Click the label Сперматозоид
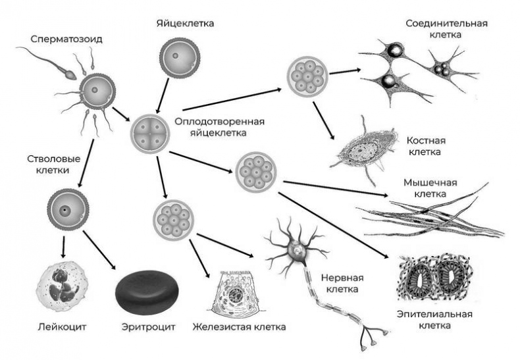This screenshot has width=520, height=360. [x=66, y=39]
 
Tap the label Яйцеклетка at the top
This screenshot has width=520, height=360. [x=185, y=24]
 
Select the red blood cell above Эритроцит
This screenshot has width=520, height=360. [x=147, y=292]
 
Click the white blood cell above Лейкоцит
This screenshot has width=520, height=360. [x=63, y=286]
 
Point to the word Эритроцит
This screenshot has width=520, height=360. [x=148, y=327]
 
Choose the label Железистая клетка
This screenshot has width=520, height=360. [x=239, y=327]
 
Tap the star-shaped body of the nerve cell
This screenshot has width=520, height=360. [x=294, y=248]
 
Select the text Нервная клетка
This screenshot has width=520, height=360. [x=342, y=283]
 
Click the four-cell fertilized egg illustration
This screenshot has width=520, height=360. [x=149, y=134]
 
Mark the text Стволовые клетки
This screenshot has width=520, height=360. [x=53, y=165]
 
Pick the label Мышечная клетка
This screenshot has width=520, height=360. [x=430, y=188]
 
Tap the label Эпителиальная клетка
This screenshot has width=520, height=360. [x=434, y=320]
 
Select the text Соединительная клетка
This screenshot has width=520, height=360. [x=446, y=29]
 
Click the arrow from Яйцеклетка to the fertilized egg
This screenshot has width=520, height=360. [x=163, y=95]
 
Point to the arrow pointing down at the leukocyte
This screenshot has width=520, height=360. [x=63, y=247]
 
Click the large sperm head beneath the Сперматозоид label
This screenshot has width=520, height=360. [x=70, y=74]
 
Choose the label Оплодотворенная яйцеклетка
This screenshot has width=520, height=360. [x=219, y=127]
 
